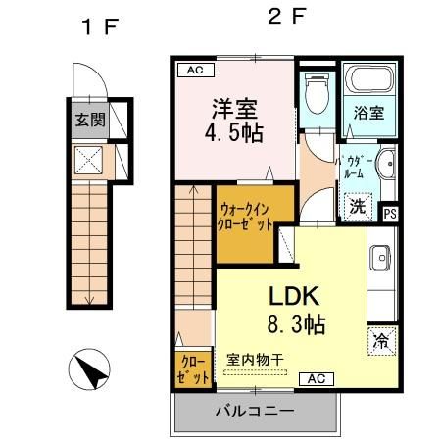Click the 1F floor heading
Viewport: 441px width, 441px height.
pyautogui.click(x=98, y=26)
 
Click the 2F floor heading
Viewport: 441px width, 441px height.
pyautogui.click(x=287, y=17)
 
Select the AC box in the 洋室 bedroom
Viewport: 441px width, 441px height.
pyautogui.click(x=194, y=70)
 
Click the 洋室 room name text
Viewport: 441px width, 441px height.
pyautogui.click(x=234, y=106)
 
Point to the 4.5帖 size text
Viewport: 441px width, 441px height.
pyautogui.click(x=234, y=133)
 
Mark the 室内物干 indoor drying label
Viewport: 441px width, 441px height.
pyautogui.click(x=254, y=360)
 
